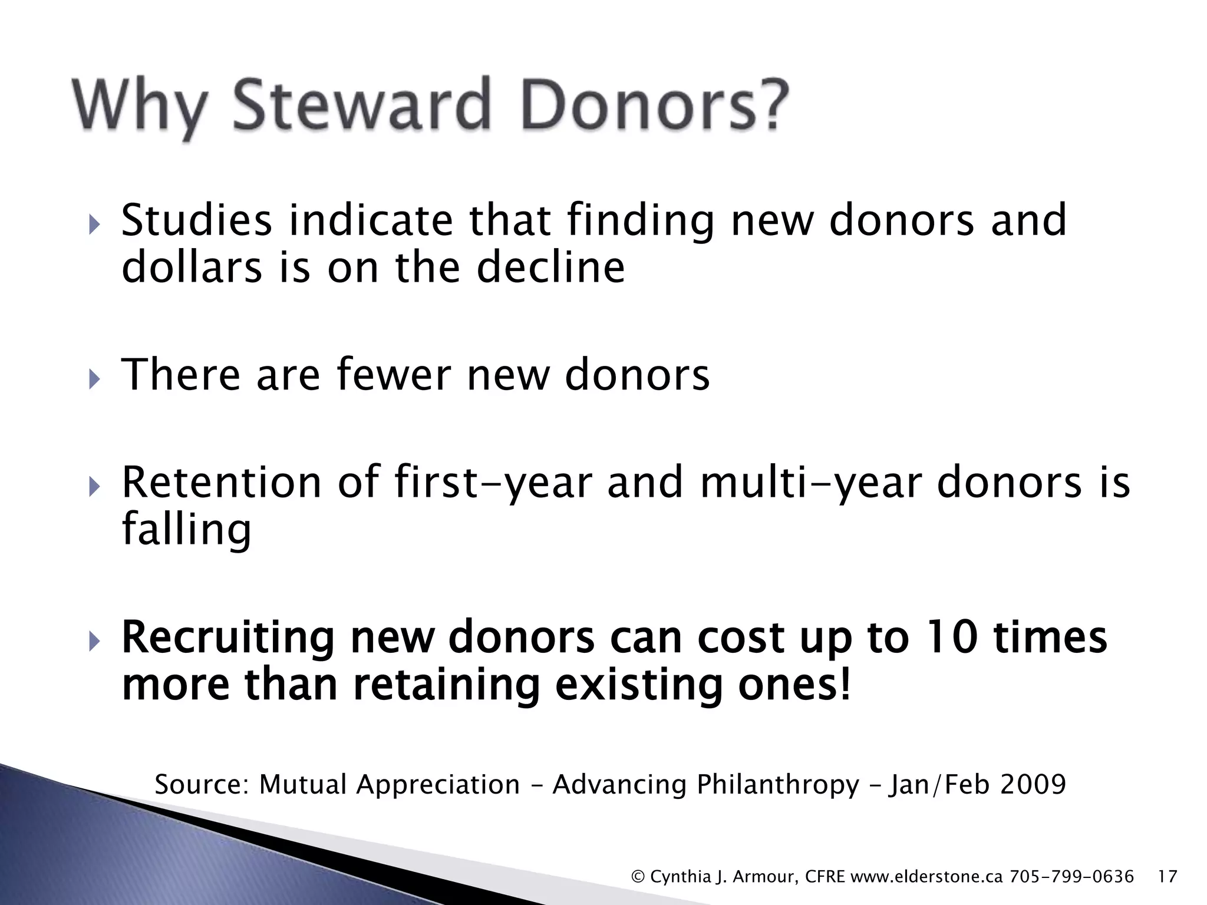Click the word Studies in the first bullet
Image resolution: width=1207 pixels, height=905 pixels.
(196, 220)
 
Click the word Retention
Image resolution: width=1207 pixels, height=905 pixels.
(222, 482)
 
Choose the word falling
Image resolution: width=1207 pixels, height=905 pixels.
(186, 529)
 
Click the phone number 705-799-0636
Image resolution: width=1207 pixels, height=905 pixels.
(1071, 877)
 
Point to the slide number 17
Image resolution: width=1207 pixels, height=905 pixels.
(1168, 877)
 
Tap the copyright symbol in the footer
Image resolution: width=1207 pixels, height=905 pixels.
(638, 877)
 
